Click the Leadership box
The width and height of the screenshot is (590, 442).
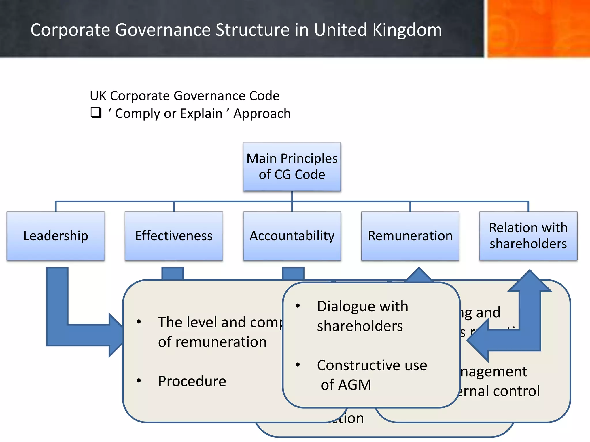[56, 236]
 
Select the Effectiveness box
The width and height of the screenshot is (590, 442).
[174, 236]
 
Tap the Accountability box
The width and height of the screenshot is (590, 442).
[292, 236]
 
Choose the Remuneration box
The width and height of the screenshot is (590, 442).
[410, 236]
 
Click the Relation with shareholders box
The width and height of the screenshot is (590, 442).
[528, 236]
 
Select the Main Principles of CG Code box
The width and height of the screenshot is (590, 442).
[292, 167]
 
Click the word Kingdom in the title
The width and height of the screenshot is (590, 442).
[406, 30]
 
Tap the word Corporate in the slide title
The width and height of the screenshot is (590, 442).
[70, 30]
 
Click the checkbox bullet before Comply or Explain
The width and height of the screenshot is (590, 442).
[96, 113]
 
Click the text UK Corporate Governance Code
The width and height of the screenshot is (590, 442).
[184, 96]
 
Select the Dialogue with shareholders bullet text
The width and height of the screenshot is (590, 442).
[362, 316]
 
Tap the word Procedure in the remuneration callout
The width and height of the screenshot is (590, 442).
[192, 381]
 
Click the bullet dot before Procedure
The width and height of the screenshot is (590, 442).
[139, 381]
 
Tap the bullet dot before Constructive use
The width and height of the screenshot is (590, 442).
[298, 365]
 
